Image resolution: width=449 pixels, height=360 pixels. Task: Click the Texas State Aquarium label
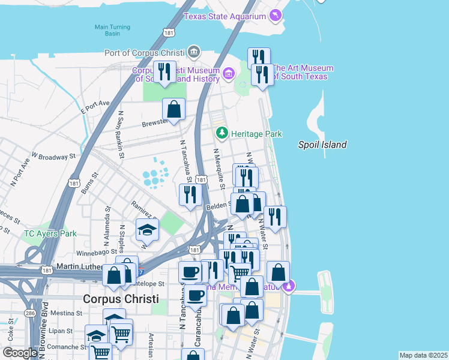[x=224, y=16]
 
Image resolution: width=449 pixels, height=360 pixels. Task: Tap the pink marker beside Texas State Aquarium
[x=276, y=15]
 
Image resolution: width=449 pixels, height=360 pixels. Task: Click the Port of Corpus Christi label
[x=145, y=52]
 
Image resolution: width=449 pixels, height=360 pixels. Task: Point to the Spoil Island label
[x=322, y=145]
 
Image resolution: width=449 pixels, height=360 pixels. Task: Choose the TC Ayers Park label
[x=50, y=233]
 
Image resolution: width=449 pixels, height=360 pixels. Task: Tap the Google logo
[x=20, y=353]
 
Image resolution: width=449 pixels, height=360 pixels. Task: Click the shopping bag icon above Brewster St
[x=173, y=109]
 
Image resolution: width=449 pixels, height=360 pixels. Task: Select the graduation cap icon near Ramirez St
[x=147, y=229]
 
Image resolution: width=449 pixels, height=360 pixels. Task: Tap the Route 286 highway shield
[x=30, y=313]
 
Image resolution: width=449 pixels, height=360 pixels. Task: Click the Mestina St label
[x=65, y=313]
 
